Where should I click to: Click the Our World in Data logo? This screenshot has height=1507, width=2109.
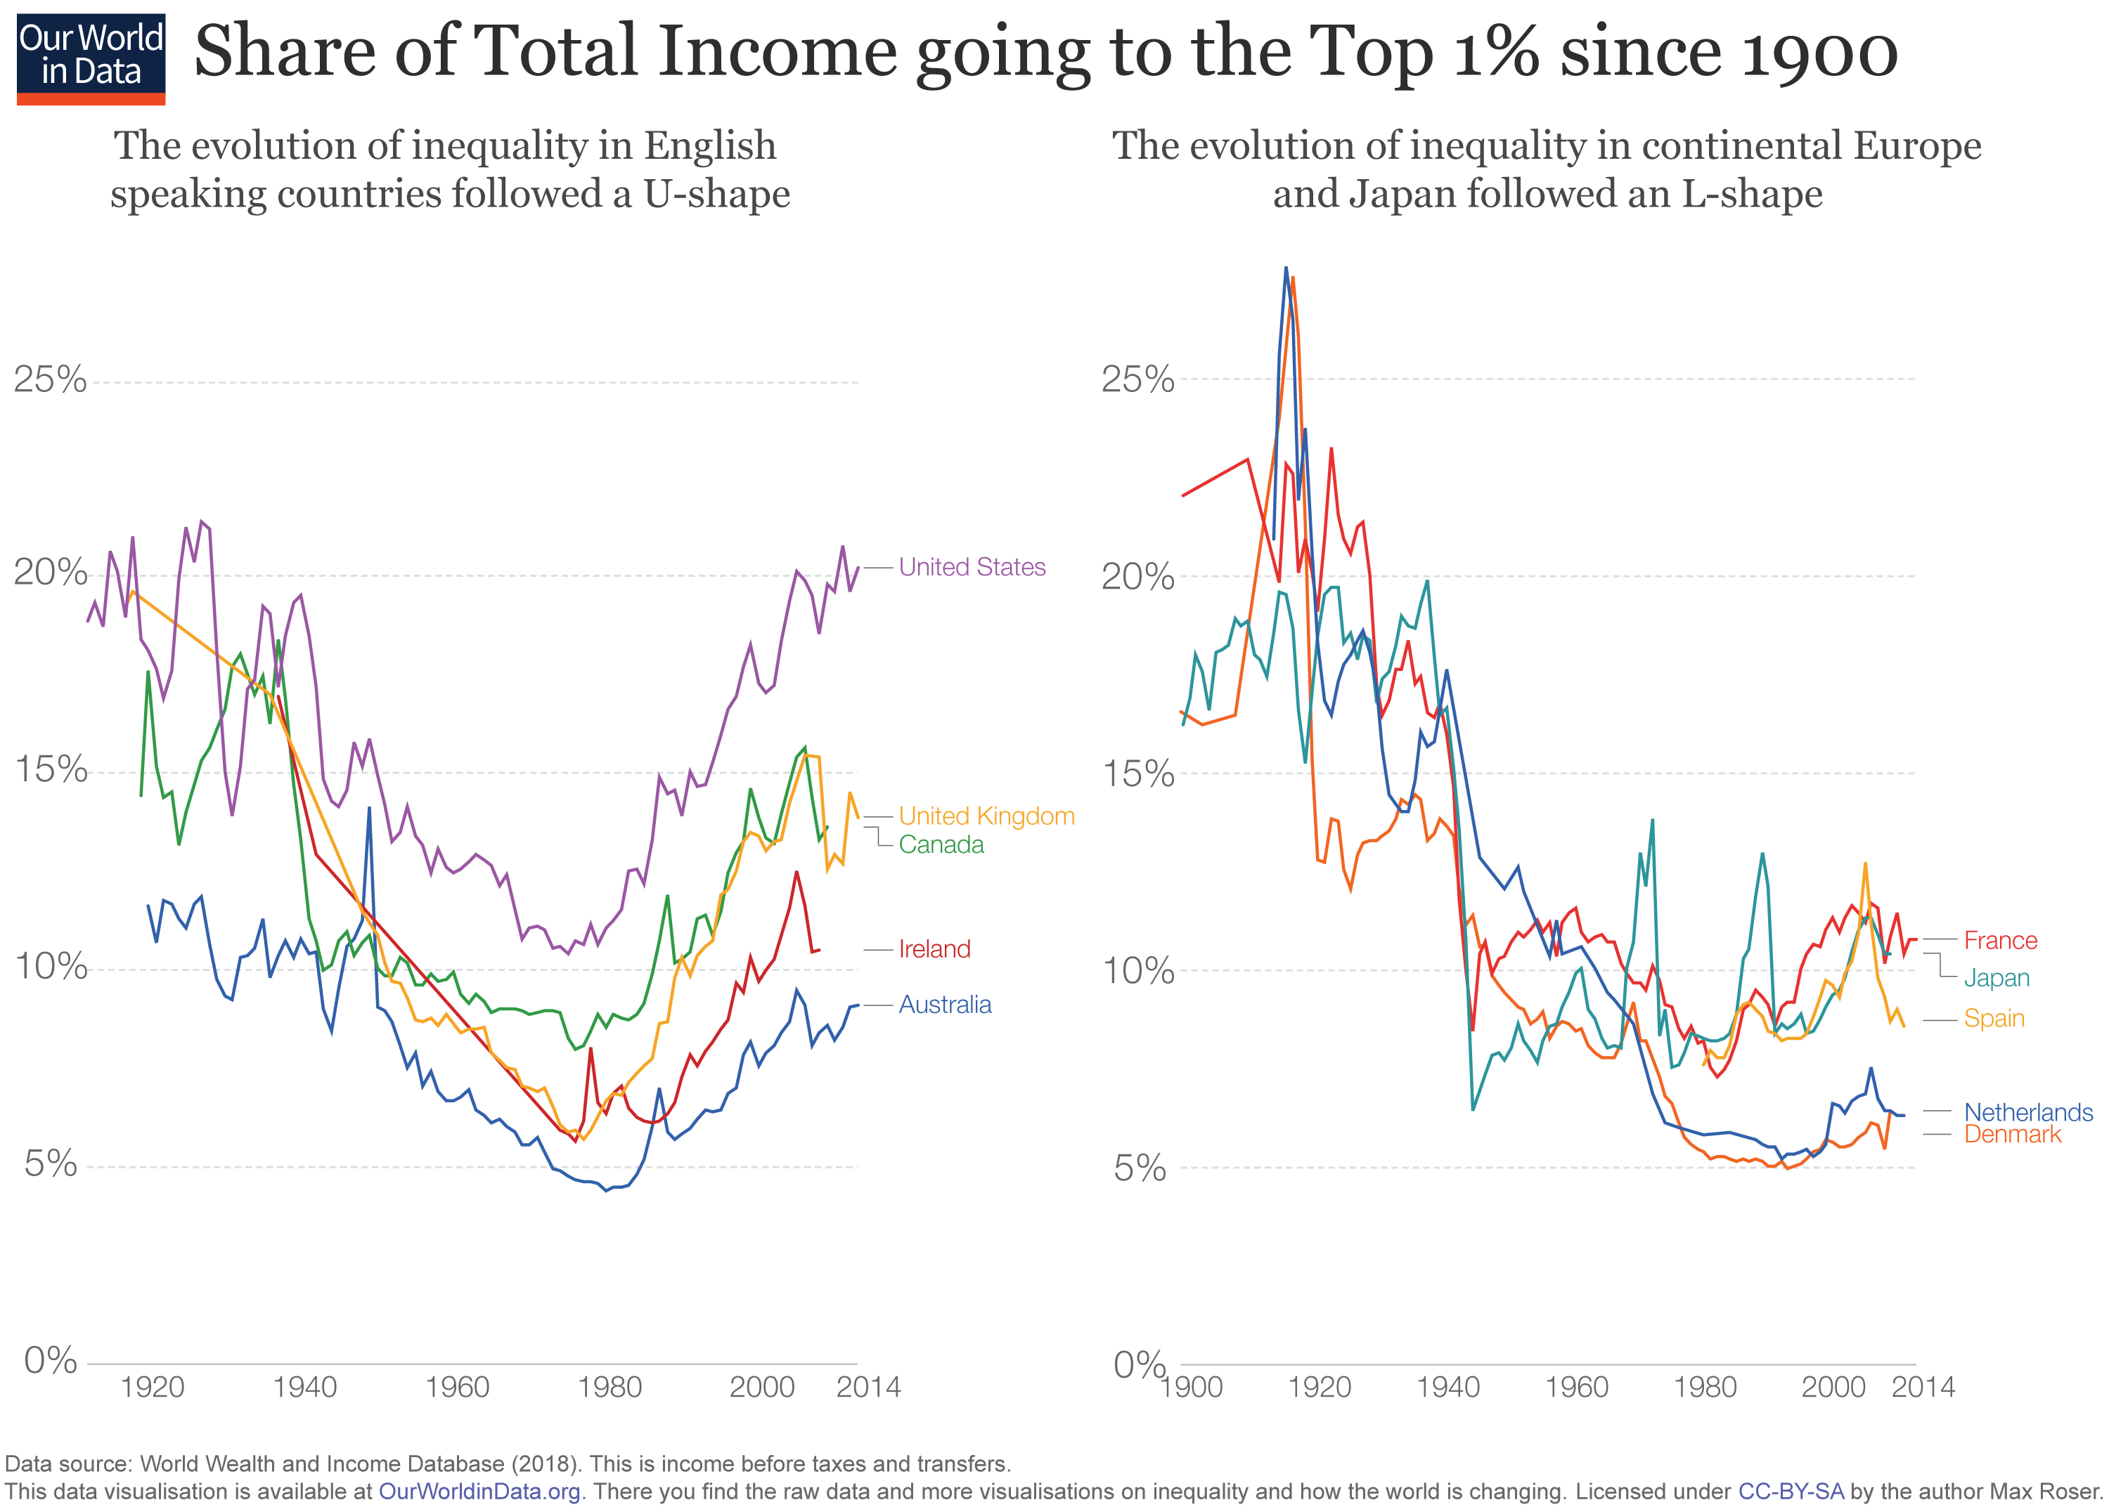(91, 58)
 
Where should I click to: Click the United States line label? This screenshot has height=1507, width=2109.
(971, 567)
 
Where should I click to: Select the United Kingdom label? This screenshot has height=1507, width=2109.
(986, 816)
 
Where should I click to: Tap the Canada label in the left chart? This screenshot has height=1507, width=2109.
(941, 844)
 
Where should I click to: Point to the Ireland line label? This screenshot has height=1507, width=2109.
(934, 948)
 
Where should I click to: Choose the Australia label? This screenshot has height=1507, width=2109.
(944, 1004)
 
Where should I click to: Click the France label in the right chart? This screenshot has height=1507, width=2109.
(1999, 940)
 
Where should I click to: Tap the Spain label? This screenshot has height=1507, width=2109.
(1993, 1018)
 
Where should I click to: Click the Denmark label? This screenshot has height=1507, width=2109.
(2011, 1134)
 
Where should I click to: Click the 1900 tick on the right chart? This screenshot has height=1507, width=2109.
(1192, 1388)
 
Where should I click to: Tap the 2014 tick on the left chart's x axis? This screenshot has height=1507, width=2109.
(868, 1388)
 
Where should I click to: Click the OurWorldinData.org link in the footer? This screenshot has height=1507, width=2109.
(479, 1492)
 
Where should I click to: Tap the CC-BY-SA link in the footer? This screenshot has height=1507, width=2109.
(1790, 1492)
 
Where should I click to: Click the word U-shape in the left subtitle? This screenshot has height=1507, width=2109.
(716, 194)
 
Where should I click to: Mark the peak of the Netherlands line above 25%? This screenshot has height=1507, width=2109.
(1286, 268)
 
